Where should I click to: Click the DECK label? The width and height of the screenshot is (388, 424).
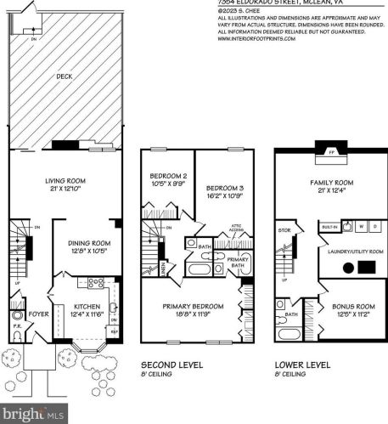[65, 76]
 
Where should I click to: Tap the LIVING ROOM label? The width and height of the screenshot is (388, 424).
[62, 181]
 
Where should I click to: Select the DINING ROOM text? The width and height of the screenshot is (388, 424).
[88, 243]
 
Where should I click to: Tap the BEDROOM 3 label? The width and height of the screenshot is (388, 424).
[225, 187]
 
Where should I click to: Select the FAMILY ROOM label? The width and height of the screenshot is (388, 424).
[330, 183]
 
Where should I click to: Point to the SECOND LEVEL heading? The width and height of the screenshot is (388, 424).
[172, 365]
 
